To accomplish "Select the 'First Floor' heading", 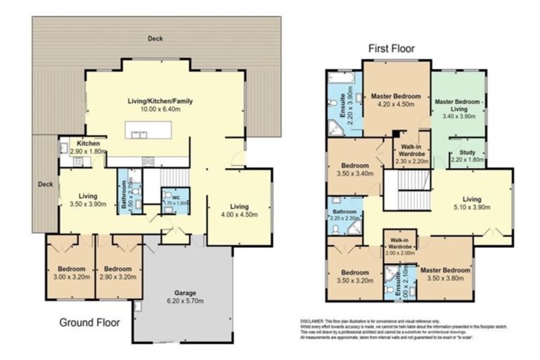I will [392, 49].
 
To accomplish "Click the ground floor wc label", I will [169, 197].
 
